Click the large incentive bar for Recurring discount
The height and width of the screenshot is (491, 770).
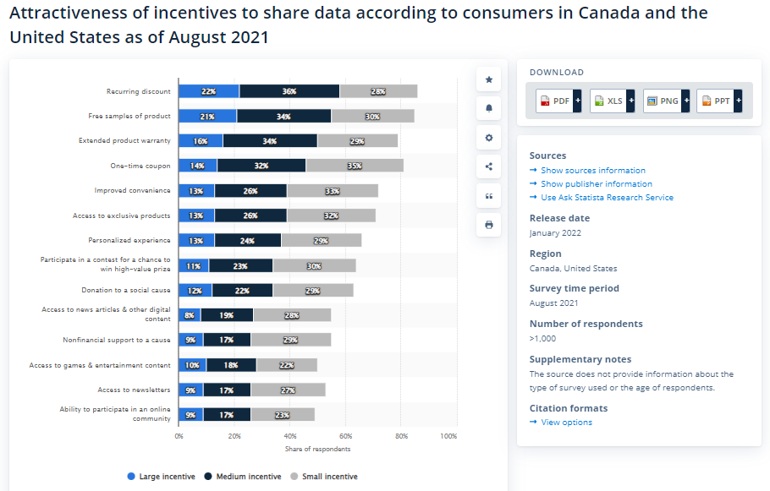pos(208,91)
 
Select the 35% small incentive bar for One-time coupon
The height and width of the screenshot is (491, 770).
pos(355,166)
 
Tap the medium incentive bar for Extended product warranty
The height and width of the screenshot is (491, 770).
pos(270,141)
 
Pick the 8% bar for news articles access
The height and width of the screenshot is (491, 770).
pos(190,315)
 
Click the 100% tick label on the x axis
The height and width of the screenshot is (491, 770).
pos(448,436)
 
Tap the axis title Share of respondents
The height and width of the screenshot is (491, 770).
pos(317,449)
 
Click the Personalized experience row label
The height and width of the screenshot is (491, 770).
pos(129,241)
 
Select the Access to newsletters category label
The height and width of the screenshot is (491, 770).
pos(134,390)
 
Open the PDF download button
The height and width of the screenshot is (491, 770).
pos(556,101)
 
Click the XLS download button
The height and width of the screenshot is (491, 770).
pos(609,101)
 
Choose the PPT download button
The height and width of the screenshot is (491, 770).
pos(717,101)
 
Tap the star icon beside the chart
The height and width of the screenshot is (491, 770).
pos(488,79)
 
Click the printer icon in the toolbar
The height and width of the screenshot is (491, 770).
pos(488,225)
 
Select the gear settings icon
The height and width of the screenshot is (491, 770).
pos(488,138)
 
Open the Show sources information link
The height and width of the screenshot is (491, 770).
pos(592,171)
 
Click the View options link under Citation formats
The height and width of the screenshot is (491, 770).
pos(566,423)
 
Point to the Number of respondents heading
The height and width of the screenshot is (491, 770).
pos(586,324)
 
